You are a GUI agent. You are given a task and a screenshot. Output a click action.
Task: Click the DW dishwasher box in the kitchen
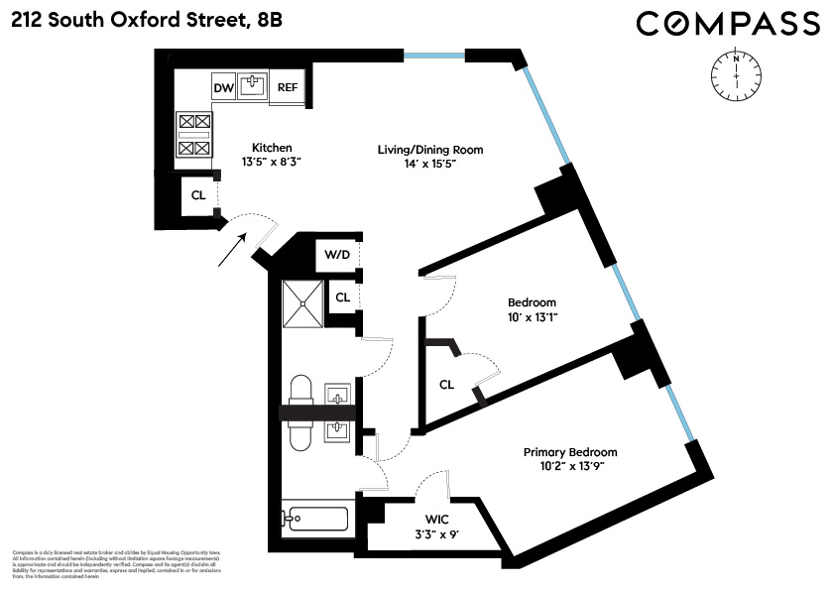pyautogui.click(x=223, y=88)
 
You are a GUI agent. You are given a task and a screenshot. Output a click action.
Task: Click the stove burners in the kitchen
pyautogui.click(x=193, y=135)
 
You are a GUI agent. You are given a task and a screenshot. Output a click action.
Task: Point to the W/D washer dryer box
pyautogui.click(x=337, y=254)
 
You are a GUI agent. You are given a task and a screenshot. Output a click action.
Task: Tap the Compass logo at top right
pyautogui.click(x=727, y=24)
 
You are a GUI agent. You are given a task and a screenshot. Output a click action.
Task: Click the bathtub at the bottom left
pyautogui.click(x=315, y=519)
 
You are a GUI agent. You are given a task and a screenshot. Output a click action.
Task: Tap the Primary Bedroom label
pyautogui.click(x=570, y=452)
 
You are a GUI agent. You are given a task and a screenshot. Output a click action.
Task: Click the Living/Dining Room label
pyautogui.click(x=429, y=150)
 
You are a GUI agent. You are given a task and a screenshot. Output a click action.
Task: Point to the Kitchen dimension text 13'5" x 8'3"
pyautogui.click(x=243, y=162)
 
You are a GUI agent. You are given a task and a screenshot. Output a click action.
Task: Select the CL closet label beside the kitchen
pyautogui.click(x=198, y=195)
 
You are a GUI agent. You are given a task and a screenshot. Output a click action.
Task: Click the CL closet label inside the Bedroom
pyautogui.click(x=446, y=384)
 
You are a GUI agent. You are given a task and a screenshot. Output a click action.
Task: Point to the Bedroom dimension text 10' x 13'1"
pyautogui.click(x=532, y=317)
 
